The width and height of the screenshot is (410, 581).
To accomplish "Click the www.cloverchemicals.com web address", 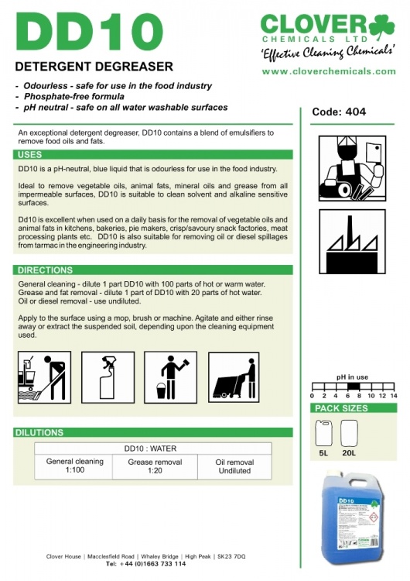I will pyautogui.click(x=329, y=70).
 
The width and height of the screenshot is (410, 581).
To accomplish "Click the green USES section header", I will pyautogui.click(x=30, y=155).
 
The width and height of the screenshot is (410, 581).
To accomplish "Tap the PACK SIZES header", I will pyautogui.click(x=342, y=407).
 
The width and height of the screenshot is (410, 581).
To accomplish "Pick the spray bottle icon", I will pyautogui.click(x=108, y=377).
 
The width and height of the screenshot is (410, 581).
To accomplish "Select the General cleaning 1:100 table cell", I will pyautogui.click(x=75, y=466).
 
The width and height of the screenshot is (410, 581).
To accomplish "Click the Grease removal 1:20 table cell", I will pyautogui.click(x=155, y=466).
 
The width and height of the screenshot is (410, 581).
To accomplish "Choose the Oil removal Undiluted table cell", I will pyautogui.click(x=234, y=466).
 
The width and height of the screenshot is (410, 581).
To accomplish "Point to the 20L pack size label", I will pyautogui.click(x=349, y=452).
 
